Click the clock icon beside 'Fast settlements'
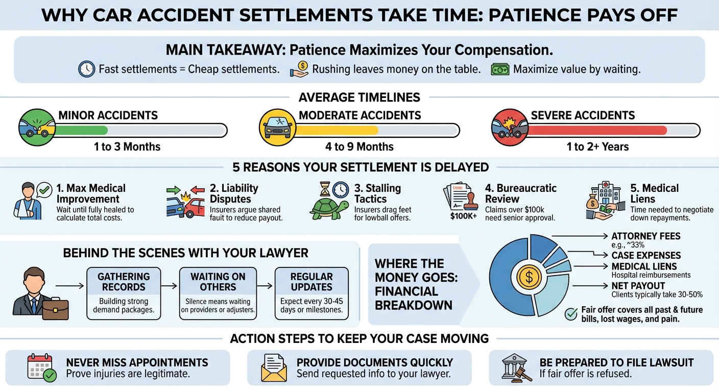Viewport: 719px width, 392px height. (x=86, y=69)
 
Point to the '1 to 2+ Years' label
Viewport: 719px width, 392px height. (x=597, y=147)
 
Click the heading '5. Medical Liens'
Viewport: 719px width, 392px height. (x=655, y=193)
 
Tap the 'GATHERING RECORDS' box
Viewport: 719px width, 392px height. (x=124, y=293)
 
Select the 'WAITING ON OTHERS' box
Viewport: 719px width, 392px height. (x=218, y=293)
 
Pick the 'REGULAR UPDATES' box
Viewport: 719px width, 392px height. (x=311, y=293)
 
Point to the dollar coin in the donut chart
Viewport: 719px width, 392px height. (x=529, y=277)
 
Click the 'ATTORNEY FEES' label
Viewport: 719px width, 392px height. (x=646, y=236)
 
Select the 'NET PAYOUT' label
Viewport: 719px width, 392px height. (x=638, y=286)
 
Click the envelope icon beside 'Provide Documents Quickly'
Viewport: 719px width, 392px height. (x=274, y=368)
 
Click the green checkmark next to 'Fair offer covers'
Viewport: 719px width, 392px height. (x=571, y=314)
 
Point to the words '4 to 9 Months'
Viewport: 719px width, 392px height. (x=360, y=147)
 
